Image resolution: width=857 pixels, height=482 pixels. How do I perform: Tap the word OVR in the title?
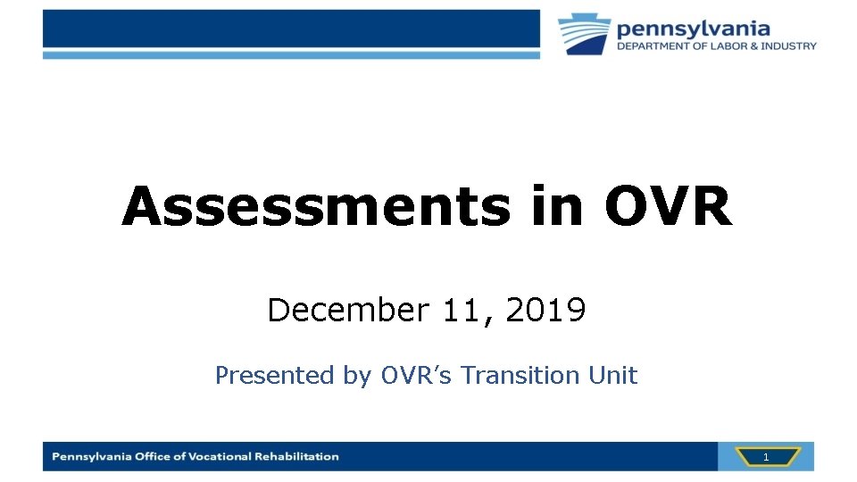pos(668,207)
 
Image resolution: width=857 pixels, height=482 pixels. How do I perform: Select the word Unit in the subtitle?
pos(613,376)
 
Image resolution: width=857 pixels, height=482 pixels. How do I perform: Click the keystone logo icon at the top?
pos(585,34)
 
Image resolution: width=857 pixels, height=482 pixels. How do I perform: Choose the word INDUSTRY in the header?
pos(787,46)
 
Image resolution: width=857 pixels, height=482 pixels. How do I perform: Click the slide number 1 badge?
pos(765,457)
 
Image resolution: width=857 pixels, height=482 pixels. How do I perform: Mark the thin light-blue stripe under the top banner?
pos(291,54)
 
